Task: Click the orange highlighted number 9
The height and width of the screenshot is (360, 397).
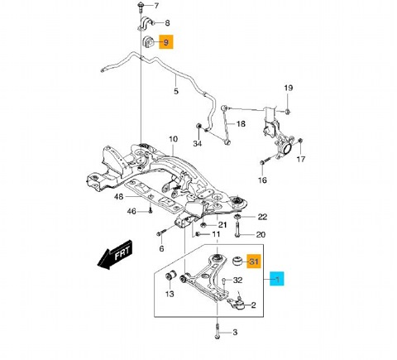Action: [x=166, y=42]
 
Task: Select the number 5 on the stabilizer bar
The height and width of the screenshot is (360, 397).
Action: [x=175, y=92]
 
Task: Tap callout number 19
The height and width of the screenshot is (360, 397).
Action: [x=289, y=88]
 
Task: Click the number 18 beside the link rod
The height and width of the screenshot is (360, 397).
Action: [x=241, y=124]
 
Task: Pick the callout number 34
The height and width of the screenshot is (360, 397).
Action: [x=197, y=143]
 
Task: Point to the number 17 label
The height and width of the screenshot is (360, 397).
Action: [x=301, y=160]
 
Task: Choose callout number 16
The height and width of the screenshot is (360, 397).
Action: [x=262, y=179]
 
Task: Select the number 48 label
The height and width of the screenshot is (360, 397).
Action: [x=118, y=197]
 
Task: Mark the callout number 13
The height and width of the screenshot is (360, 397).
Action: [x=169, y=294]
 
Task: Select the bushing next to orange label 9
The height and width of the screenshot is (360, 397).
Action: [x=149, y=43]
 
